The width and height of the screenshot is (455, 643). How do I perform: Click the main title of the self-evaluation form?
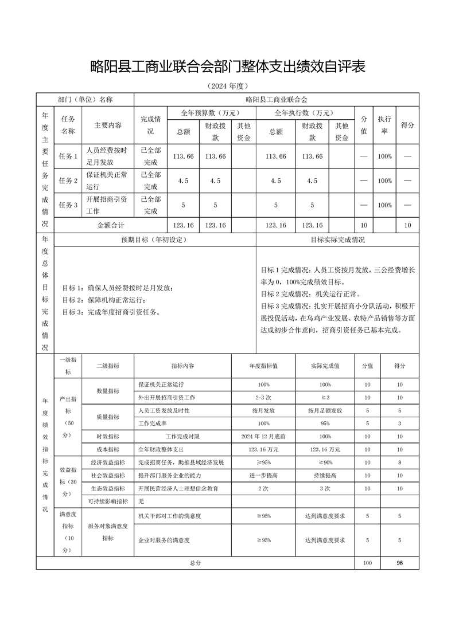pyautogui.click(x=228, y=67)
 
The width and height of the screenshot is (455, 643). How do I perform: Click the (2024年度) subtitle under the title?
pyautogui.click(x=227, y=86)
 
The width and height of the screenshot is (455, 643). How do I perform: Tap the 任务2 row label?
pyautogui.click(x=68, y=181)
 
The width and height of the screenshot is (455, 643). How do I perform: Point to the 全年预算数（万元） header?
pyautogui.click(x=211, y=112)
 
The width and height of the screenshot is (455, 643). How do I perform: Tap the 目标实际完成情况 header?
pyautogui.click(x=338, y=240)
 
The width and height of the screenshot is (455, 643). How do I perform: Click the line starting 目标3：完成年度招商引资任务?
pyautogui.click(x=111, y=312)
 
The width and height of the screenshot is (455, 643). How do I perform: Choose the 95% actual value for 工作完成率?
pyautogui.click(x=325, y=423)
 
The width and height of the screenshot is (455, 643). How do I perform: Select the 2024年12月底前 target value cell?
pyautogui.click(x=263, y=436)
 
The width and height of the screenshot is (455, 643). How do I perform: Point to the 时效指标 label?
pyautogui.click(x=108, y=436)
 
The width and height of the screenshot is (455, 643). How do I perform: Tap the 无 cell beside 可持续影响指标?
pyautogui.click(x=141, y=501)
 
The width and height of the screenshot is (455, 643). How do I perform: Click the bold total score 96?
pyautogui.click(x=400, y=563)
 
